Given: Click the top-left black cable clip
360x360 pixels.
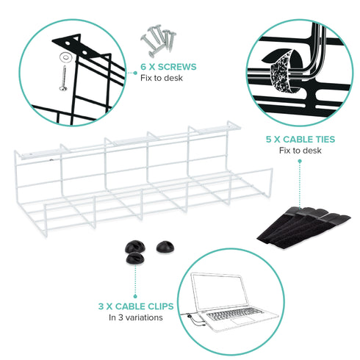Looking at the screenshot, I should coord(132,248).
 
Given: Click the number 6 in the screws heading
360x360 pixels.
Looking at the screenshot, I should coord(144,67).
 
